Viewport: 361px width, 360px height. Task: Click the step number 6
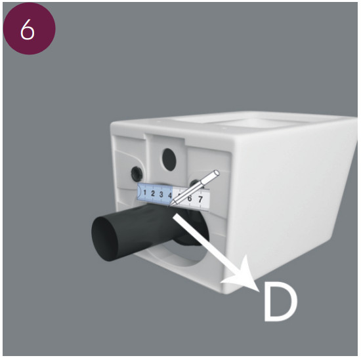click(27, 30)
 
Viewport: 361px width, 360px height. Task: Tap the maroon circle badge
click(29, 28)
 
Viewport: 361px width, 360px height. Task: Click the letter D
click(280, 302)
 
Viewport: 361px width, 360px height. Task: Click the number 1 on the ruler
click(144, 192)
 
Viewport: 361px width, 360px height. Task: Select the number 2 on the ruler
click(153, 193)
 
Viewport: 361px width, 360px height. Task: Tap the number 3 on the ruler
click(161, 194)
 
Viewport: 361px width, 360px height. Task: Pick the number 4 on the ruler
click(170, 195)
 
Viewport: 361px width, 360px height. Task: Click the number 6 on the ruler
click(190, 198)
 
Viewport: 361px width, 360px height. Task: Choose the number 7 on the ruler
click(200, 199)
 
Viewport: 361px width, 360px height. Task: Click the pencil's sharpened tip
click(170, 205)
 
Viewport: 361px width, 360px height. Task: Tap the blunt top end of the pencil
click(217, 173)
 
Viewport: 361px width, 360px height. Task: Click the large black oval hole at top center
click(169, 159)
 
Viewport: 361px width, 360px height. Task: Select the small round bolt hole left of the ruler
click(137, 174)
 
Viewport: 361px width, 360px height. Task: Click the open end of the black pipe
click(105, 239)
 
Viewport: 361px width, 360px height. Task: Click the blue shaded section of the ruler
click(155, 194)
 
